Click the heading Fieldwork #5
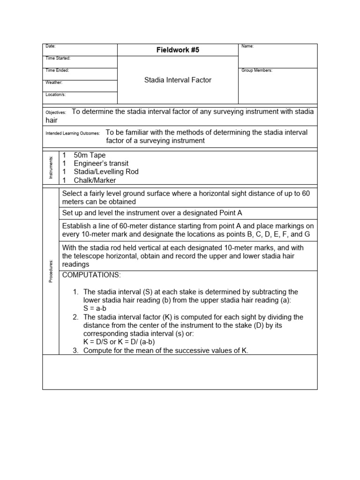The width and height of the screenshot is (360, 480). [x=178, y=50]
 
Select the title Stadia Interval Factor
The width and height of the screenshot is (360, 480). [x=178, y=80]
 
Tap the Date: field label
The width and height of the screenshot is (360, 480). [x=50, y=46]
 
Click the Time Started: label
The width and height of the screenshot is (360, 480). [x=58, y=58]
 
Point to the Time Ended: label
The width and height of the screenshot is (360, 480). [x=57, y=70]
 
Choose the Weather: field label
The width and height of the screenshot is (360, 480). [x=54, y=82]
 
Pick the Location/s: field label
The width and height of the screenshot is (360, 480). [x=55, y=95]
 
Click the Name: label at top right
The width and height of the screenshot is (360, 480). [x=247, y=46]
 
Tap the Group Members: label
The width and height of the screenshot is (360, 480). [x=256, y=70]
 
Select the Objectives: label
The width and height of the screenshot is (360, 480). [x=56, y=112]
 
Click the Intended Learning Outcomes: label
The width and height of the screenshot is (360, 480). [x=73, y=133]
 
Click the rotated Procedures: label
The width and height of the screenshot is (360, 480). [x=50, y=271]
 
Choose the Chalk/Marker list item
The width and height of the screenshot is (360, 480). [x=95, y=180]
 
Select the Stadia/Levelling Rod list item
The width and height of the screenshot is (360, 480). [x=106, y=172]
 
